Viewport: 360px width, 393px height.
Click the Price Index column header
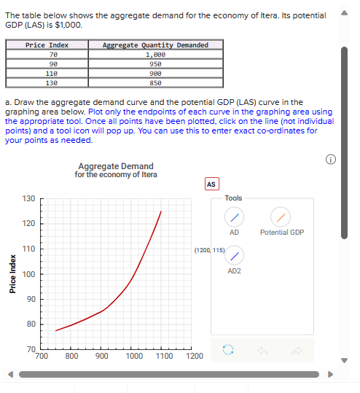[x=47, y=45]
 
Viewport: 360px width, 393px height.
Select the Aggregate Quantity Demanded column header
[x=155, y=45]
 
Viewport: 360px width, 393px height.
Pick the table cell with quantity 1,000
[x=155, y=54]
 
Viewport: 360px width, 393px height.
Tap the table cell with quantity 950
[x=155, y=63]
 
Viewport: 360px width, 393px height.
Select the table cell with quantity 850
[x=155, y=82]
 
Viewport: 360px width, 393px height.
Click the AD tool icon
[x=234, y=217]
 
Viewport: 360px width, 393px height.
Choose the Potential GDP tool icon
[x=281, y=217]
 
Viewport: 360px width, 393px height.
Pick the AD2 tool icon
[x=234, y=256]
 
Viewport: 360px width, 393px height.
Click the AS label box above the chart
[x=211, y=184]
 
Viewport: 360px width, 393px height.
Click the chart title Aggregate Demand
[x=115, y=167]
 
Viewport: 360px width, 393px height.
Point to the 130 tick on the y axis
[x=28, y=198]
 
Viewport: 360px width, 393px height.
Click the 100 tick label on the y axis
[x=28, y=274]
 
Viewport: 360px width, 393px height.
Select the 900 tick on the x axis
[x=102, y=357]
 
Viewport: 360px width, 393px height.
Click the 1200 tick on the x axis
[x=194, y=357]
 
